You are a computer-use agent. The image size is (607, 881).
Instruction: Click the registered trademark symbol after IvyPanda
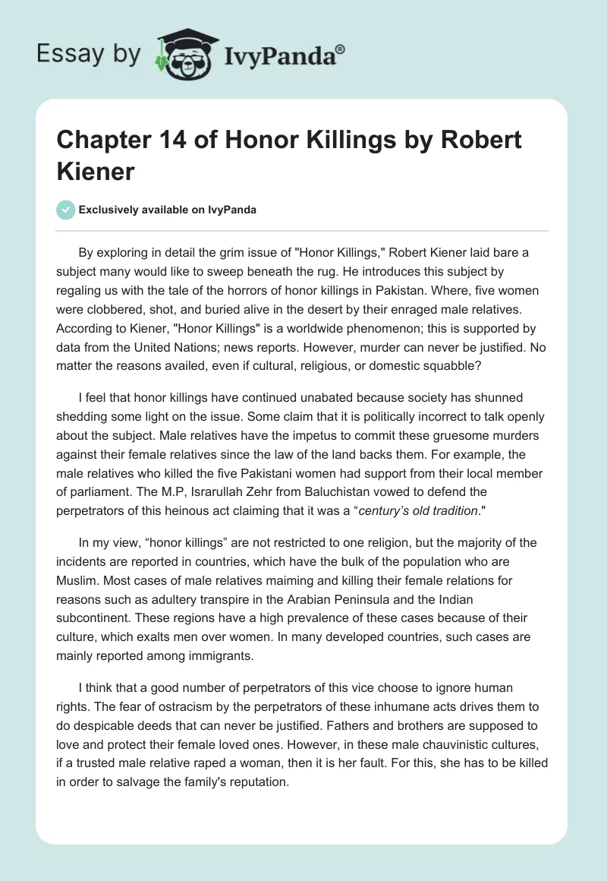[341, 49]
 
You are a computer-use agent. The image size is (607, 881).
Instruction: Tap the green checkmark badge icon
[66, 210]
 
